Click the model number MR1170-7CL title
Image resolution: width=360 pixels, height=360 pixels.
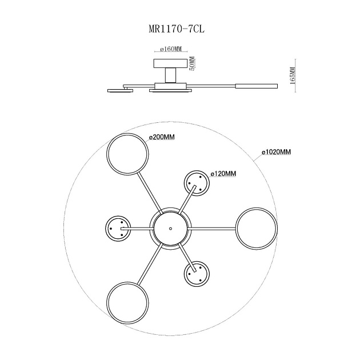(x=177, y=29)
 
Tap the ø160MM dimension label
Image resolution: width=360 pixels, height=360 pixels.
(x=171, y=49)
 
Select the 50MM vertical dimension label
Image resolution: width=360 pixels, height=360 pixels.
(x=191, y=63)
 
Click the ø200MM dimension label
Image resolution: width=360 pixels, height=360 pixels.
(x=162, y=137)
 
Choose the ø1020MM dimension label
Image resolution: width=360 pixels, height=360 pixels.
(x=276, y=152)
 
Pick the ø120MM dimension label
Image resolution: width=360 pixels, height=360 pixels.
(x=223, y=174)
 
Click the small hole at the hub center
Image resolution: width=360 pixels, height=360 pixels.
(x=170, y=229)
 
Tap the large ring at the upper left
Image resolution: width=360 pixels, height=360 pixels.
(x=107, y=154)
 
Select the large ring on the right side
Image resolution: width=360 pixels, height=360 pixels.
(x=237, y=229)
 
